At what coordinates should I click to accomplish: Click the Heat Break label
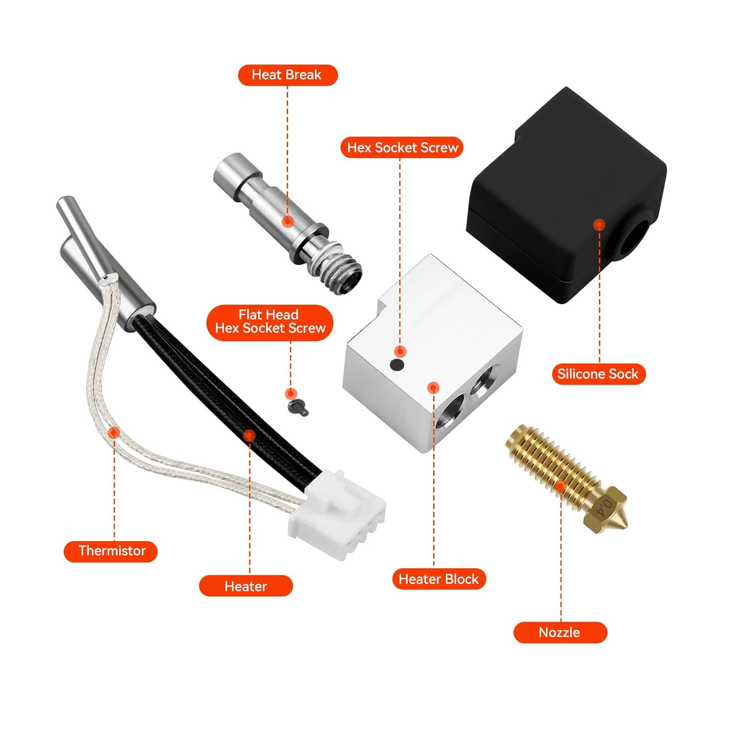point(288,75)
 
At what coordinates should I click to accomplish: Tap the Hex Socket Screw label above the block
point(401,147)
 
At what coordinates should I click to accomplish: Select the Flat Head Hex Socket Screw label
point(269,322)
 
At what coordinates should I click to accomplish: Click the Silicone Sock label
point(598,374)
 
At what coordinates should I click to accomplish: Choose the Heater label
point(245,586)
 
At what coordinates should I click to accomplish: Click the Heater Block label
point(439,579)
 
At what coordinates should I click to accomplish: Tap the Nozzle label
point(560,632)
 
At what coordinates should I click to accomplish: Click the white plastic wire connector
point(338,514)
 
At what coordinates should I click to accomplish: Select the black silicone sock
point(563,196)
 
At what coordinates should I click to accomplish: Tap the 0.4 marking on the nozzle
point(606,507)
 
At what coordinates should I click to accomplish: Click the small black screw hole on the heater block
point(397,365)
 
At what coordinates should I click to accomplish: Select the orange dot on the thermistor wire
point(114,432)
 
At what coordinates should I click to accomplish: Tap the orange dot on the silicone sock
point(599,225)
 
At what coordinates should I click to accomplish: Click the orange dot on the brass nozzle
point(561,486)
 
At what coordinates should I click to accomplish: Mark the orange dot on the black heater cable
point(249,435)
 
